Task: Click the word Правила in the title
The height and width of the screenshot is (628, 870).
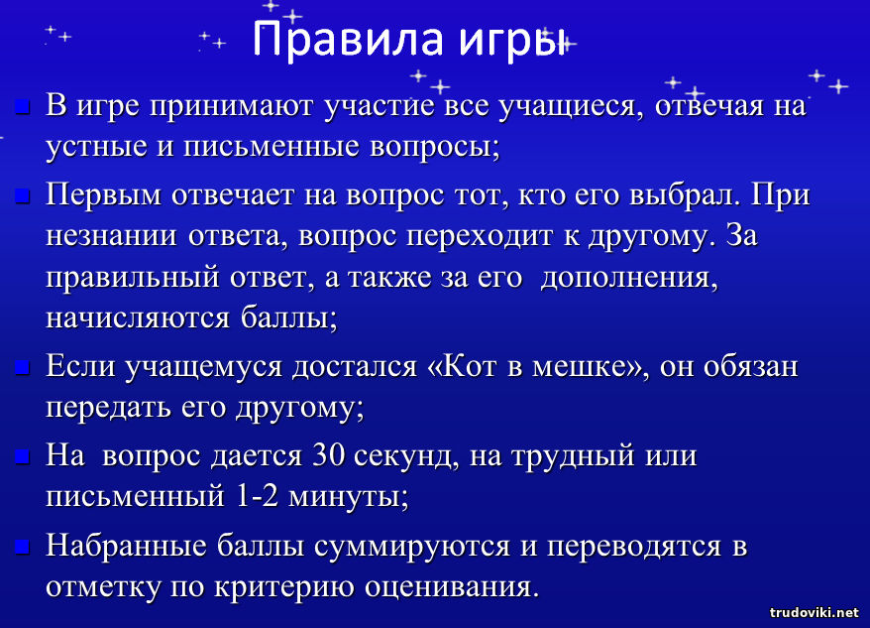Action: click(348, 39)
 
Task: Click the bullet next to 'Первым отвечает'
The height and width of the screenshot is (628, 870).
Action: click(22, 195)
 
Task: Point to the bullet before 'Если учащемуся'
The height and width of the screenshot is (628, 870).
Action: click(22, 367)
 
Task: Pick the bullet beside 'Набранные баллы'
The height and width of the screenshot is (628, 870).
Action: click(22, 546)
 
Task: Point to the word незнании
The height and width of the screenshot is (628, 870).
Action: click(111, 236)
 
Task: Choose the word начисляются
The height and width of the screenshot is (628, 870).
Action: click(138, 318)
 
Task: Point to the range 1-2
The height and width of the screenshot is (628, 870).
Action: click(257, 496)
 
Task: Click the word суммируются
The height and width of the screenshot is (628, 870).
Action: click(412, 547)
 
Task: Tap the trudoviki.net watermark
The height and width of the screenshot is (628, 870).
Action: click(814, 613)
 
